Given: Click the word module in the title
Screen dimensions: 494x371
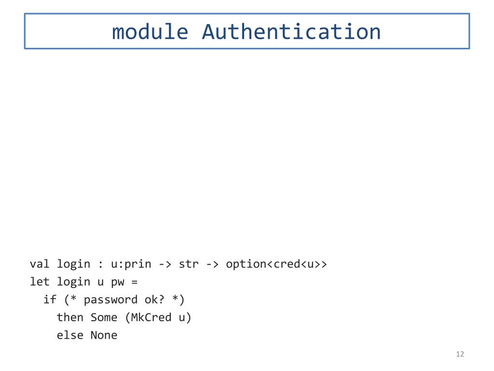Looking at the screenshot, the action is click(150, 32).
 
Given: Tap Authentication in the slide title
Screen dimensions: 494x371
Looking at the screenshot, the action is click(291, 32).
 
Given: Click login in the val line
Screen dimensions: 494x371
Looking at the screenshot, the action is click(73, 264).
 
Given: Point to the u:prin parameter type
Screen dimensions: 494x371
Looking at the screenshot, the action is click(131, 264).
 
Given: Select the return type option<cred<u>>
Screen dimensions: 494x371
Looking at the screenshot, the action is click(276, 264).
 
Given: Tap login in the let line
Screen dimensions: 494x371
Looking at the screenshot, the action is click(73, 282).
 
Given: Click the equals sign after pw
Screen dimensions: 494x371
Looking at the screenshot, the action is click(135, 282).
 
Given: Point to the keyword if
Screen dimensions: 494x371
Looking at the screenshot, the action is click(50, 300).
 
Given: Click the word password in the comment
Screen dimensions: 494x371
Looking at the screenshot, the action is click(110, 300).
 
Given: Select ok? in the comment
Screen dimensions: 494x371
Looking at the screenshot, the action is click(155, 300).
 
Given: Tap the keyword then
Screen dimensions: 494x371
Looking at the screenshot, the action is click(70, 317).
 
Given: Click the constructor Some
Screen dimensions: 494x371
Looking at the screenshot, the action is click(104, 317).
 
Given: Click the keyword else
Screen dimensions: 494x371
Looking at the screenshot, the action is click(70, 335).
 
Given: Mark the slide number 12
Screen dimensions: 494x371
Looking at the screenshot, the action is click(460, 355).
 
